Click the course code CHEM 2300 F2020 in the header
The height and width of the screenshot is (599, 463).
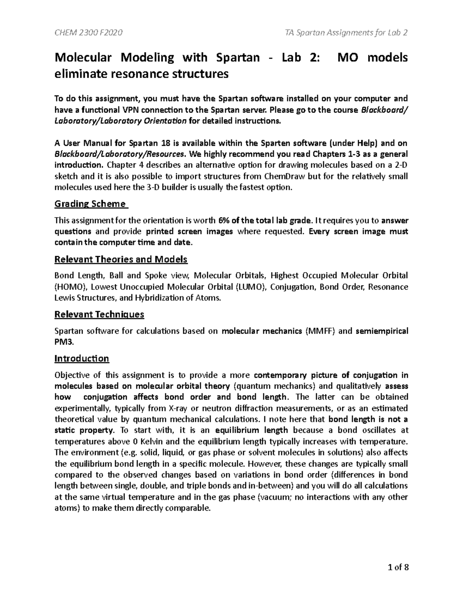(x=88, y=32)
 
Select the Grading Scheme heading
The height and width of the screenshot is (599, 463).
(x=90, y=204)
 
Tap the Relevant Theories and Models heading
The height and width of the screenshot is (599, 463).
(x=121, y=259)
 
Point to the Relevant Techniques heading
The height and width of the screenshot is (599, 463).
(x=99, y=314)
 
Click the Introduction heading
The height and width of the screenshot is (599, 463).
(x=82, y=359)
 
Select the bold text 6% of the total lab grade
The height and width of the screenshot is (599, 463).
(x=264, y=221)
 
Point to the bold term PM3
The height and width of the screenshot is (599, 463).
(x=63, y=342)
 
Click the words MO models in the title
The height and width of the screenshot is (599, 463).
(x=372, y=58)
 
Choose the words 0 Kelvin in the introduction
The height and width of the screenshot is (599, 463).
(x=142, y=441)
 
